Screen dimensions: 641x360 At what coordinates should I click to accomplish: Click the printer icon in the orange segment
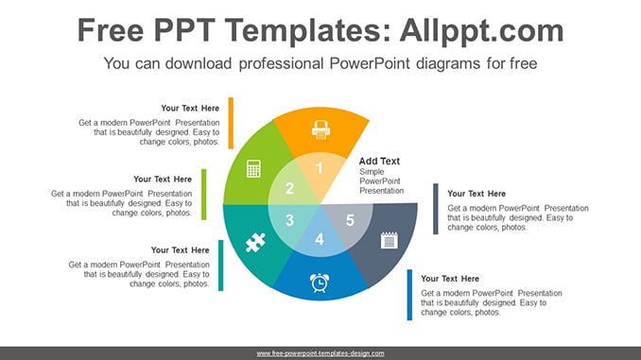point(320,130)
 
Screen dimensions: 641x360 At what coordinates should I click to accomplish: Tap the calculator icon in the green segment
point(253,169)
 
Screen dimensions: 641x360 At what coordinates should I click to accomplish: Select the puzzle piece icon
point(255,242)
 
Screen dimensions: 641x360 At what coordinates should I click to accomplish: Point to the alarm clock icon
point(320,283)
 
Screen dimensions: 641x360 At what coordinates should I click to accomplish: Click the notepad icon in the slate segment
point(389,240)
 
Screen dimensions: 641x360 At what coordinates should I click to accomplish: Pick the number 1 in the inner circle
point(320,168)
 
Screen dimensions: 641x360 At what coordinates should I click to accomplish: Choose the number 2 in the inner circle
point(289,188)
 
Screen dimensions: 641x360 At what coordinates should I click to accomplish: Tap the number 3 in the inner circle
point(289,220)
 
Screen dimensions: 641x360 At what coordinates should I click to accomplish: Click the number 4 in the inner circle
point(320,239)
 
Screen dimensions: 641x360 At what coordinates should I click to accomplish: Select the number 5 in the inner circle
point(350,220)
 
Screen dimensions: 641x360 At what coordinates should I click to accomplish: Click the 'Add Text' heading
point(379,161)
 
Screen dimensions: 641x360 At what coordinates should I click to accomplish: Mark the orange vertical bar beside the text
point(231,123)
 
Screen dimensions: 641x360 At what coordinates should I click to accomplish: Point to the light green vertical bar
point(204,194)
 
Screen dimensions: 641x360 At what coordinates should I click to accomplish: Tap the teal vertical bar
point(220,266)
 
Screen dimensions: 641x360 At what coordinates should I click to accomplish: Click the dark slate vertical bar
point(436,209)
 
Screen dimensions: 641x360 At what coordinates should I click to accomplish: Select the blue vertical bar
point(409,295)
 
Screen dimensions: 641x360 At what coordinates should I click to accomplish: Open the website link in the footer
point(320,353)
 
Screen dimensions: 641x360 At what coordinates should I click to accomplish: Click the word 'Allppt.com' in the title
point(481,31)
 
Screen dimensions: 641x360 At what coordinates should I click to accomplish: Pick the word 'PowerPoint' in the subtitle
point(370,63)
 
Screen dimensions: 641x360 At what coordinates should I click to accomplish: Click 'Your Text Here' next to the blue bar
point(450,279)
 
